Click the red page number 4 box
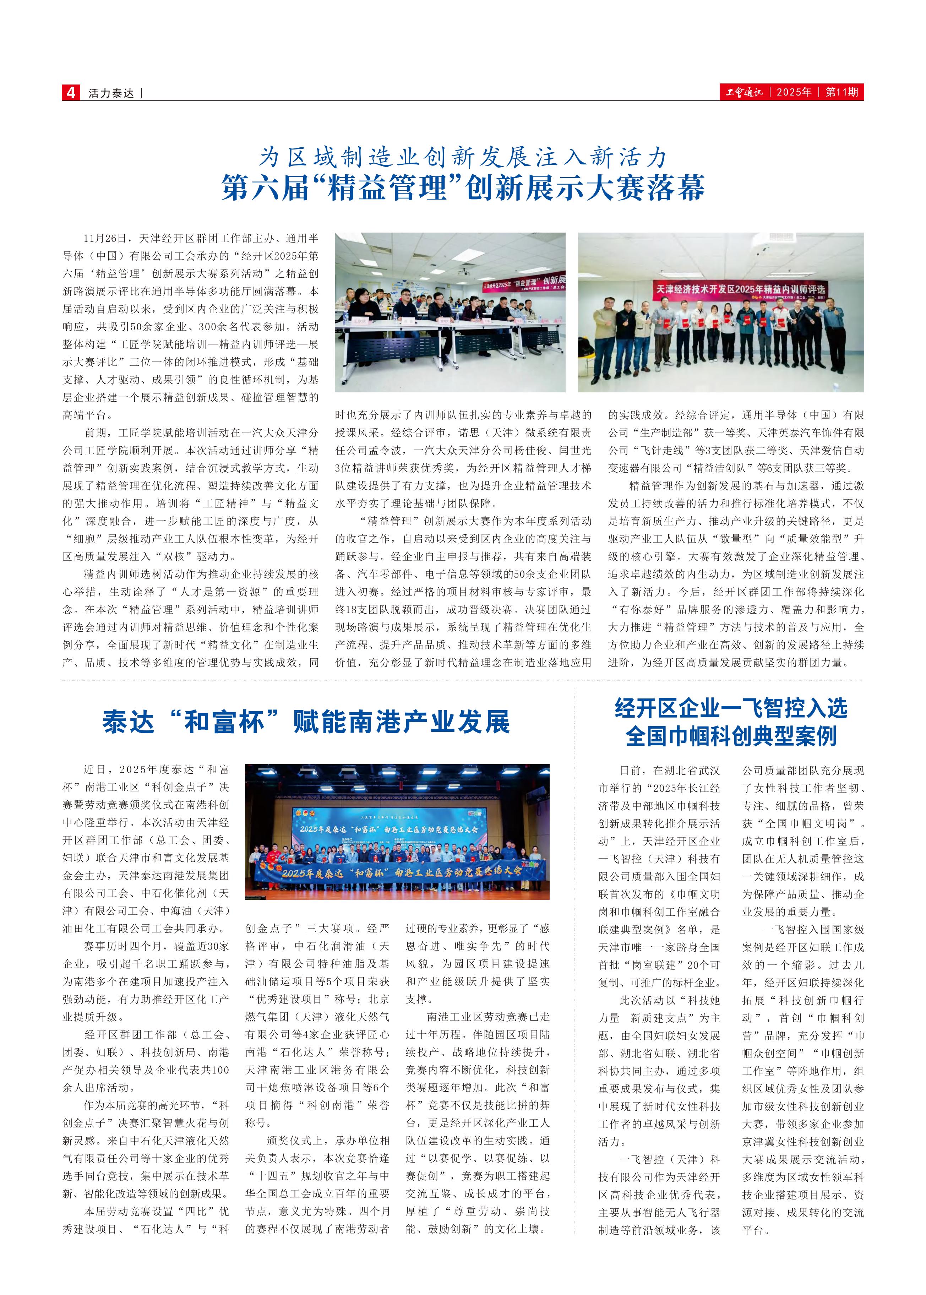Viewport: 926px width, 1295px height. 70,92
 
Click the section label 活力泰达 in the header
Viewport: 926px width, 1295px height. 111,93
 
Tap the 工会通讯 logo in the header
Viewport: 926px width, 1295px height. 744,92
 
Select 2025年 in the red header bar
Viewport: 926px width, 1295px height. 793,92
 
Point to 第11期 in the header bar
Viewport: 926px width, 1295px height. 841,92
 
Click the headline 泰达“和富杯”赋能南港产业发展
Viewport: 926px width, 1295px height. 306,722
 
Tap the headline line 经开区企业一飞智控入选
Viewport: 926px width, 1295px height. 731,708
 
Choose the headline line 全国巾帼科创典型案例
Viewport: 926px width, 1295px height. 731,736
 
